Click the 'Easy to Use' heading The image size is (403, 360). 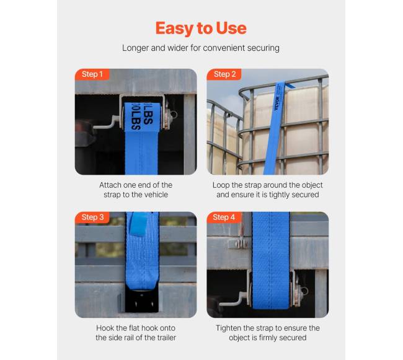201,29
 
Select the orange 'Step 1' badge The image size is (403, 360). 92,74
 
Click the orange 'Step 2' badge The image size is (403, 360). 224,74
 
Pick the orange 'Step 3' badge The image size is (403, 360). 92,217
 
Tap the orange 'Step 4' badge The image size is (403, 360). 224,217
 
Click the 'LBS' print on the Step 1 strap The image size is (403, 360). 141,117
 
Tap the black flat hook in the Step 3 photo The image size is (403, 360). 142,300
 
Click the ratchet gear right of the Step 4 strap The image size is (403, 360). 298,290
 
